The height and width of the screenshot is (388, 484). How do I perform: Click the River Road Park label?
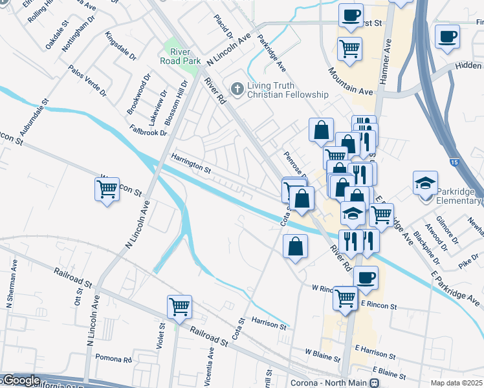182,56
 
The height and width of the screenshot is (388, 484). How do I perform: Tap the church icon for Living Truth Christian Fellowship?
237,88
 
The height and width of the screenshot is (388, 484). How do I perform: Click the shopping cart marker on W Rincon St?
107,189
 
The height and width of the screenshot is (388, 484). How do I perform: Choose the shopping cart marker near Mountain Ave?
349,48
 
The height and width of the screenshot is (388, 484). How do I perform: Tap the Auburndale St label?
34,117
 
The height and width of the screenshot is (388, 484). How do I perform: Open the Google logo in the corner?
21,380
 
